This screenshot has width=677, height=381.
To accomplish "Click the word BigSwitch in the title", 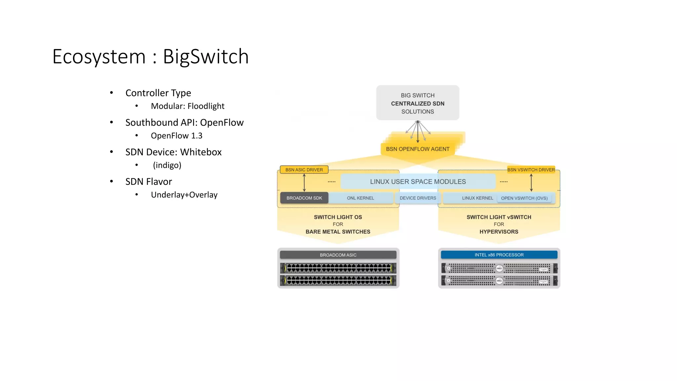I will point(206,57).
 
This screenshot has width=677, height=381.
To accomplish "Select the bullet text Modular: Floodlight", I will point(187,106).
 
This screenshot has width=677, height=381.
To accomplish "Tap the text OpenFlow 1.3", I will point(177,136).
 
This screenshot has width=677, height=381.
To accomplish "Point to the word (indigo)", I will point(167,165).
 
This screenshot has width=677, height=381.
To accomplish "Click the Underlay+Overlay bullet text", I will point(184,195).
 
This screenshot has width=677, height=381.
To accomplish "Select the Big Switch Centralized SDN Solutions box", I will point(418,103).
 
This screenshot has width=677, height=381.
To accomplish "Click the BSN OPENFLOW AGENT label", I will point(418,149).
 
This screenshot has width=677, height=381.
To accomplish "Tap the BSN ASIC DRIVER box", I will point(304,170).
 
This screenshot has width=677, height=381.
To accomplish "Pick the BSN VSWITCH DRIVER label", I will point(531,170).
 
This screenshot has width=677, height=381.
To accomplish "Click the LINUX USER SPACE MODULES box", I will point(418,182).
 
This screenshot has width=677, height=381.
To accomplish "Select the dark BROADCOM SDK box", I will point(304,198).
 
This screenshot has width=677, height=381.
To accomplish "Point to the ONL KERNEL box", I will point(360,198).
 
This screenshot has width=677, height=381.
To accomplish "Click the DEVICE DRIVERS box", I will point(418,198).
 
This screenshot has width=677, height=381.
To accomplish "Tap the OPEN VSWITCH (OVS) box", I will point(524,198).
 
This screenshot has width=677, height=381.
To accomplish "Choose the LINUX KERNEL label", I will point(477,198).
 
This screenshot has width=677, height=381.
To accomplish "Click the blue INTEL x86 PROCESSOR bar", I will point(499,255).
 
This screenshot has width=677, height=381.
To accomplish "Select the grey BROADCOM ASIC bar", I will point(338,255).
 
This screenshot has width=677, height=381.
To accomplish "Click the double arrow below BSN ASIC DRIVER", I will point(304,183).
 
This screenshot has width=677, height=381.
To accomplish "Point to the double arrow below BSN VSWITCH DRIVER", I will point(531,183).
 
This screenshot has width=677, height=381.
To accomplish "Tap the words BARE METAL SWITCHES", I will point(338,232).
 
